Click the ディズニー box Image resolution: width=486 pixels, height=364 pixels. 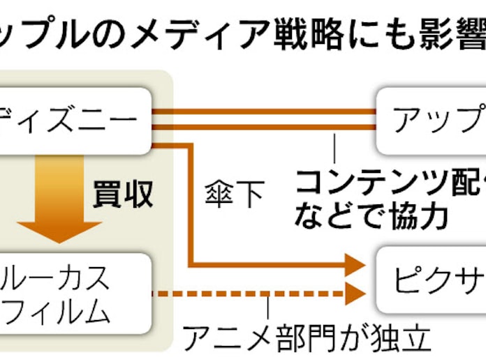pyautogui.click(x=73, y=120)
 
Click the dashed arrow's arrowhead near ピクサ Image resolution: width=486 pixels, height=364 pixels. pyautogui.click(x=355, y=293)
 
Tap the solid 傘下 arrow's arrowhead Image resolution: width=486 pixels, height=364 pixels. pyautogui.click(x=355, y=265)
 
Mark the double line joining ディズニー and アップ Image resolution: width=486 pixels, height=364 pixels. pyautogui.click(x=265, y=119)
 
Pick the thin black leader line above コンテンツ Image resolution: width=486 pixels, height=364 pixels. pyautogui.click(x=334, y=147)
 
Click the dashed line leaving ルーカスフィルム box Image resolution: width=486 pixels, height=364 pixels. pyautogui.click(x=244, y=293)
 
